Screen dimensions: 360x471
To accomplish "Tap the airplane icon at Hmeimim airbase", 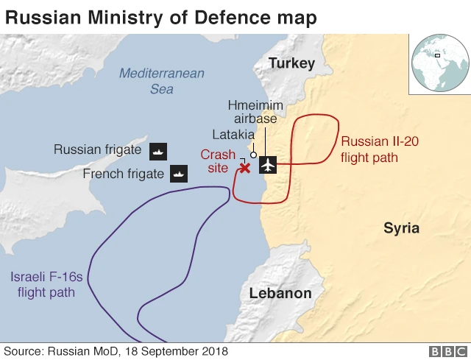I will (268, 166).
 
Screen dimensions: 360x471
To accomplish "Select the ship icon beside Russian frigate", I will (159, 151).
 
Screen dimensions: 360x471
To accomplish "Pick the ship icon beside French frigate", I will (179, 174).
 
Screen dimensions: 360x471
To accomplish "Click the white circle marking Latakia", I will (253, 155).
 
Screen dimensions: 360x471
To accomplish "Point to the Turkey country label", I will (291, 63).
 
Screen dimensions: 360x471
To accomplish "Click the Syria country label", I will (401, 228).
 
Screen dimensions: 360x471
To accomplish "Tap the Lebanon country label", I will (280, 293).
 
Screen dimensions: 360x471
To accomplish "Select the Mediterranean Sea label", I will (162, 81).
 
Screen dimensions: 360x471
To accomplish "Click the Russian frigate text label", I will (97, 150).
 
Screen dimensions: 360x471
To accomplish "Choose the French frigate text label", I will (123, 174).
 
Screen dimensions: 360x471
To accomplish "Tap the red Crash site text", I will (218, 161).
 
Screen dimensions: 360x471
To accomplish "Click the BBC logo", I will (446, 351).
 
